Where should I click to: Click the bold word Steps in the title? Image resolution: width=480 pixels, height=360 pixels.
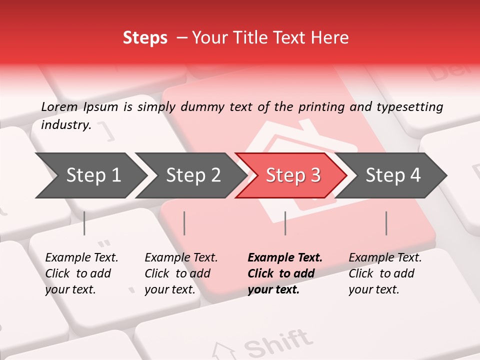[145, 38]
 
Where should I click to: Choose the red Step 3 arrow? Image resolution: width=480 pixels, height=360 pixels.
[292, 175]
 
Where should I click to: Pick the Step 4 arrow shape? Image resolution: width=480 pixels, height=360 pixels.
[393, 175]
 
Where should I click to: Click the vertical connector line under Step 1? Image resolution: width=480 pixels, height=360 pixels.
[84, 223]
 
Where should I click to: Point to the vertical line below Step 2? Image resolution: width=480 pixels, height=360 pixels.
[184, 223]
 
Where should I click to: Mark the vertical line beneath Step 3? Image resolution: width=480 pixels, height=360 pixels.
[285, 223]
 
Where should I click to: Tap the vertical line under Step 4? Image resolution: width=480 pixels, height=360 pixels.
[386, 223]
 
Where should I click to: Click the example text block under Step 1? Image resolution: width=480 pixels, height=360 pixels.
[81, 273]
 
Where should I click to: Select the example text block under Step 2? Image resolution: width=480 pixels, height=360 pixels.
[181, 273]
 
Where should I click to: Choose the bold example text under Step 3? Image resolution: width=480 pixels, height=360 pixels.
[284, 273]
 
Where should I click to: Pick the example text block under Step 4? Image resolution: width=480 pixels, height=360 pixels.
[385, 273]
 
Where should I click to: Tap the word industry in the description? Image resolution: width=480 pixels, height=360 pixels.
[65, 125]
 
